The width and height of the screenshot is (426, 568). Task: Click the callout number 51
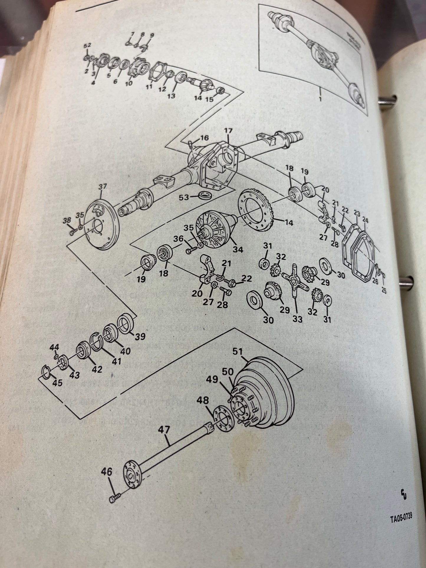(x=237, y=352)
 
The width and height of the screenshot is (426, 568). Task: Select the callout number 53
(x=184, y=197)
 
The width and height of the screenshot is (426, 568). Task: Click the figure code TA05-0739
(x=401, y=525)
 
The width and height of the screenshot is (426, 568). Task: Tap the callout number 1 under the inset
(x=320, y=99)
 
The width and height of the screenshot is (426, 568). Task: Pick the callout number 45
(x=57, y=383)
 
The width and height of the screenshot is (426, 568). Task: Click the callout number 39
(x=139, y=336)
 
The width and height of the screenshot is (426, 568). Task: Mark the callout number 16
(x=204, y=138)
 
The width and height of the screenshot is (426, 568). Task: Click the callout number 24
(x=366, y=220)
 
